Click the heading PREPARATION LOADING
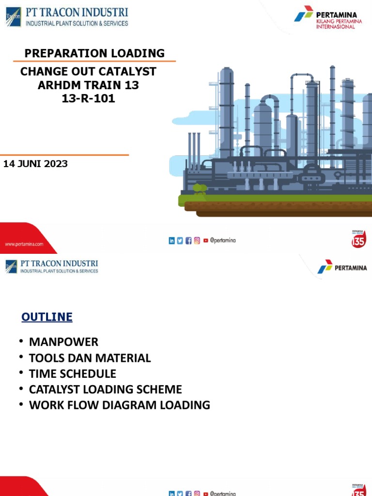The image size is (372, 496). [94, 53]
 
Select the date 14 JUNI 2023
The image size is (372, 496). [35, 164]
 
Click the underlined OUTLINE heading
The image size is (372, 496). [47, 317]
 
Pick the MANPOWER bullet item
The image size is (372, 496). [63, 342]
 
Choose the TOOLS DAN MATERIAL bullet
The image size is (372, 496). [90, 358]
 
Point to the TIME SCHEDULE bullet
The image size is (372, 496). [73, 373]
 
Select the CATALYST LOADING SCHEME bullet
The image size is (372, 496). [105, 389]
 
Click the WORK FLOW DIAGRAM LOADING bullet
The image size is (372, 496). [119, 405]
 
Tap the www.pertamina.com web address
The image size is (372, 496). [24, 244]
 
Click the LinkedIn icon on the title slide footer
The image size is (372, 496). [171, 240]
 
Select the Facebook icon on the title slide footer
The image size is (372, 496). [188, 240]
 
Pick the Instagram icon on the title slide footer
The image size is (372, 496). [197, 240]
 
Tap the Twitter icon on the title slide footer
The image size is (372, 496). [180, 240]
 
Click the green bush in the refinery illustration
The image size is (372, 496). [199, 188]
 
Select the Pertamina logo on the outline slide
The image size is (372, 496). [342, 267]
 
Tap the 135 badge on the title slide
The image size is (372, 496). [358, 239]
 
